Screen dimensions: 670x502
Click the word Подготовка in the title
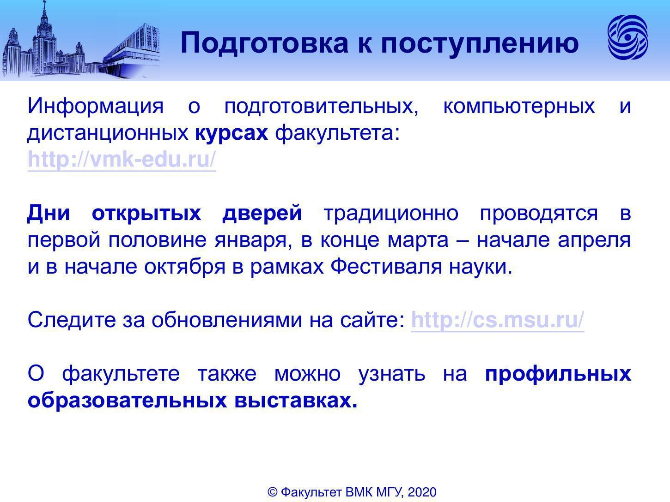click(x=264, y=43)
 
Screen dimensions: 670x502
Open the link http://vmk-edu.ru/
click(x=122, y=159)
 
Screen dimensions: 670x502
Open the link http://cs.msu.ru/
click(x=498, y=320)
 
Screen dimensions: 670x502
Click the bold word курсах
click(x=231, y=133)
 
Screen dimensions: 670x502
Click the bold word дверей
click(x=262, y=213)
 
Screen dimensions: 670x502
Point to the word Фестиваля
click(x=386, y=267)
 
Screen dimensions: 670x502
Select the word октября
click(x=185, y=267)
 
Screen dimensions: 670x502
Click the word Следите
click(x=72, y=320)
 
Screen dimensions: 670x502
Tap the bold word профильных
click(x=558, y=374)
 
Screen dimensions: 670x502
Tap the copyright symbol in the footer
click(x=272, y=492)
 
